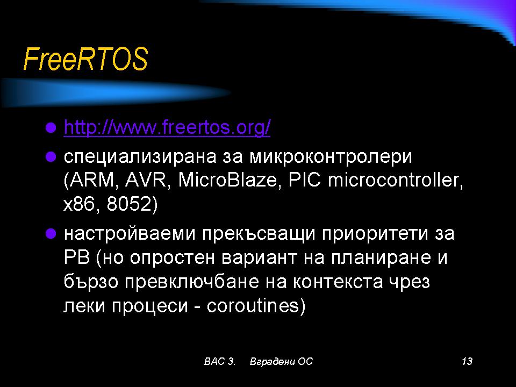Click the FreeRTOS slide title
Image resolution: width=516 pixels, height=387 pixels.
(x=85, y=59)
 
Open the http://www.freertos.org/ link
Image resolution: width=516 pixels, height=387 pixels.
(x=167, y=127)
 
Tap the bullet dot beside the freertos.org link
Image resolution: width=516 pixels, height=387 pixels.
(x=51, y=127)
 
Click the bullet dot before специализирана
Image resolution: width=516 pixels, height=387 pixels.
(x=51, y=156)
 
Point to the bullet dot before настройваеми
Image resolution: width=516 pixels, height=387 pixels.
(x=51, y=234)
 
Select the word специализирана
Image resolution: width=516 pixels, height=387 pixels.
(x=140, y=156)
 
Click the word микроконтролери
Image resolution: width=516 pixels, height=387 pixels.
(x=331, y=156)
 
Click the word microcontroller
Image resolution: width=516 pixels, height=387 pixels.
(x=395, y=180)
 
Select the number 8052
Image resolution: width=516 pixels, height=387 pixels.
(x=129, y=204)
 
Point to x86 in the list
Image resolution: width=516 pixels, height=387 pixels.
(x=82, y=204)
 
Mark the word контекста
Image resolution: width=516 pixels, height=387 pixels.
(x=338, y=282)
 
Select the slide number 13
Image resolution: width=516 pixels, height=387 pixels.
(x=467, y=361)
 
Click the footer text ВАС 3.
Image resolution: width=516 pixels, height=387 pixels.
(x=219, y=361)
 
